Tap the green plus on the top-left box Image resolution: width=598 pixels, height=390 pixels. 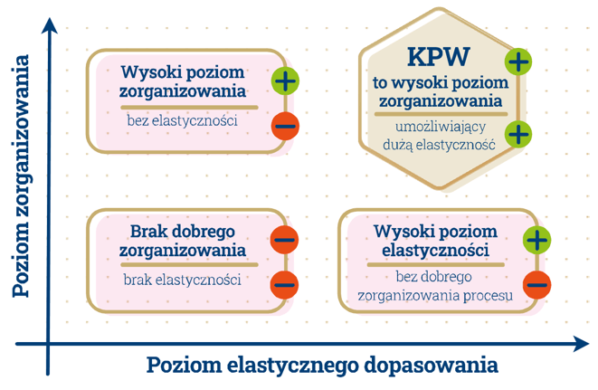click(284, 81)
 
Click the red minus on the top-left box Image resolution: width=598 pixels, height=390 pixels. click(284, 125)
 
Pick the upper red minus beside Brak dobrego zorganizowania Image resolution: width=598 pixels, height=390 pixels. click(284, 240)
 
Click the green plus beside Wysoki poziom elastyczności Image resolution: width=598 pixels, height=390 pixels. click(536, 240)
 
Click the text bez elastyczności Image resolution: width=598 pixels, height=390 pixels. click(182, 120)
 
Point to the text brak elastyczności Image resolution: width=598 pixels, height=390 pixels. click(182, 280)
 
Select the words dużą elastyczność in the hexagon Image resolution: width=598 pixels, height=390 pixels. click(439, 145)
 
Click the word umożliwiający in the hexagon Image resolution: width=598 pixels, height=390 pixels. click(438, 128)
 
